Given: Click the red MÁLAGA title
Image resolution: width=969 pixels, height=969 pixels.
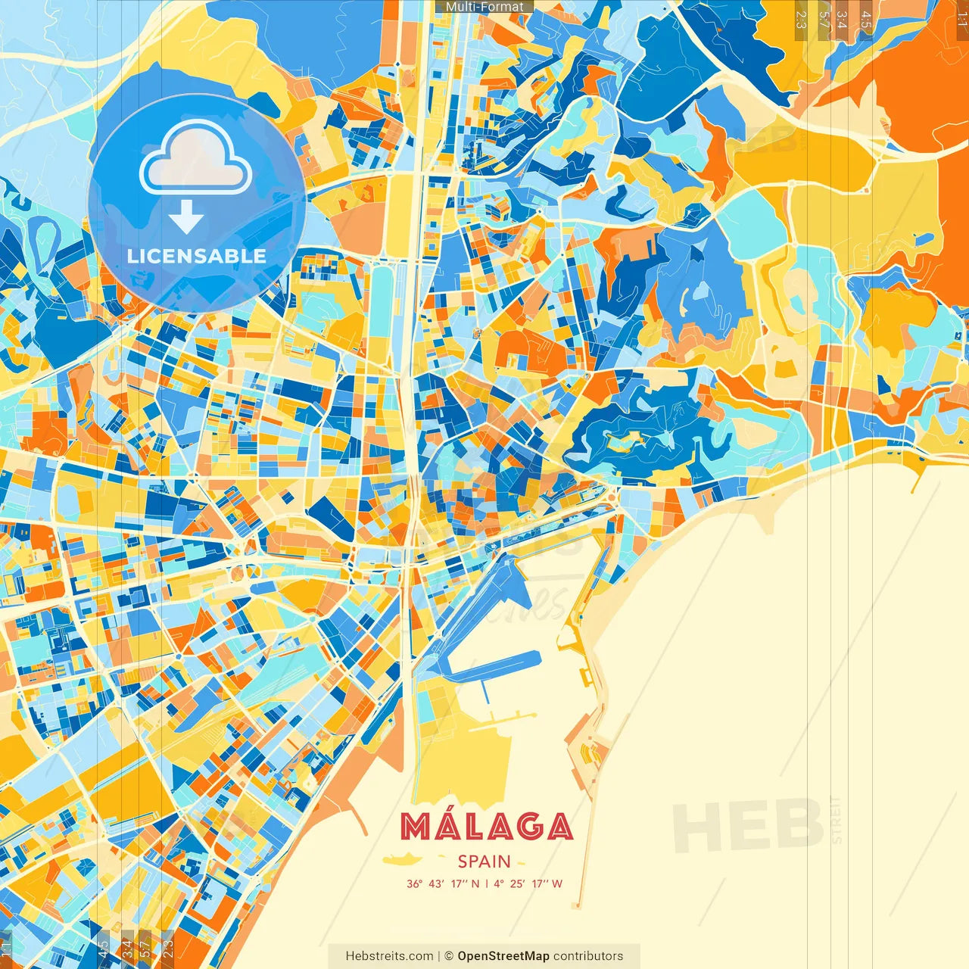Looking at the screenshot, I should click(486, 827).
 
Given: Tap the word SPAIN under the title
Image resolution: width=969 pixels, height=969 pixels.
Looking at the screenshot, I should click(484, 862).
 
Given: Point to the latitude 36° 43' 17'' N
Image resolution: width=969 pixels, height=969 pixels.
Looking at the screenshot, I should click(443, 883).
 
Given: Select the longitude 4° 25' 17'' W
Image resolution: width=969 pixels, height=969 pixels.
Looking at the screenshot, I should click(528, 883).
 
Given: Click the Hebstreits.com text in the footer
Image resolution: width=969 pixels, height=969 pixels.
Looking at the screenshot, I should click(389, 956).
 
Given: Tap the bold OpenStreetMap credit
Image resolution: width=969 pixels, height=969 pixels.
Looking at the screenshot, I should click(503, 956).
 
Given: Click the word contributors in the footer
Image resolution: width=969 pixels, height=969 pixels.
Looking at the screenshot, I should click(588, 956).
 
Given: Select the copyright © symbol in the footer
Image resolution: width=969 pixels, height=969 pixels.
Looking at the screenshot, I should click(448, 956).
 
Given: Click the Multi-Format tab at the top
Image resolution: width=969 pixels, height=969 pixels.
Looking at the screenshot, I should click(484, 7).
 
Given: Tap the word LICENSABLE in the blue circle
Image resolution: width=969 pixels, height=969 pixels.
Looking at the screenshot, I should click(197, 256).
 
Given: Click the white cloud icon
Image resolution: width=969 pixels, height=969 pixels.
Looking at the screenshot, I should click(196, 159).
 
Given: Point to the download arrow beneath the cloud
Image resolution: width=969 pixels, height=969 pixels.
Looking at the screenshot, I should click(186, 217).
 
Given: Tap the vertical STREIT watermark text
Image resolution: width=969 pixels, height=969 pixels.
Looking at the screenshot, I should click(837, 819).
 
